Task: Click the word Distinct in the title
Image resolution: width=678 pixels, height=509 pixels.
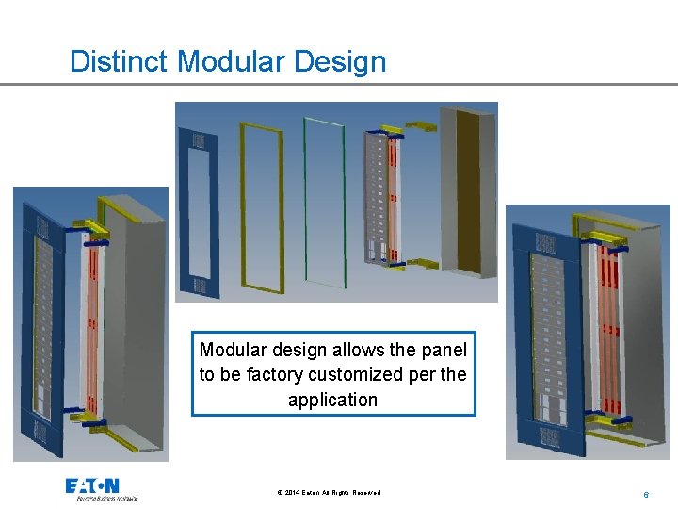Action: pos(120,61)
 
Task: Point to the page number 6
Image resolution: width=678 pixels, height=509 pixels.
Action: pos(646,494)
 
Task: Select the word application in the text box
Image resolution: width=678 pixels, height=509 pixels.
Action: pos(332,400)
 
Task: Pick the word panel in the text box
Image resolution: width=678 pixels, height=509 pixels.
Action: pos(444,350)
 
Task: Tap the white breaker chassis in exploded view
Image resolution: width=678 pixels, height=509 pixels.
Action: pos(382,198)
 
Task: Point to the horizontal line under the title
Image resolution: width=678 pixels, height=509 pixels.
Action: pos(339,84)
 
